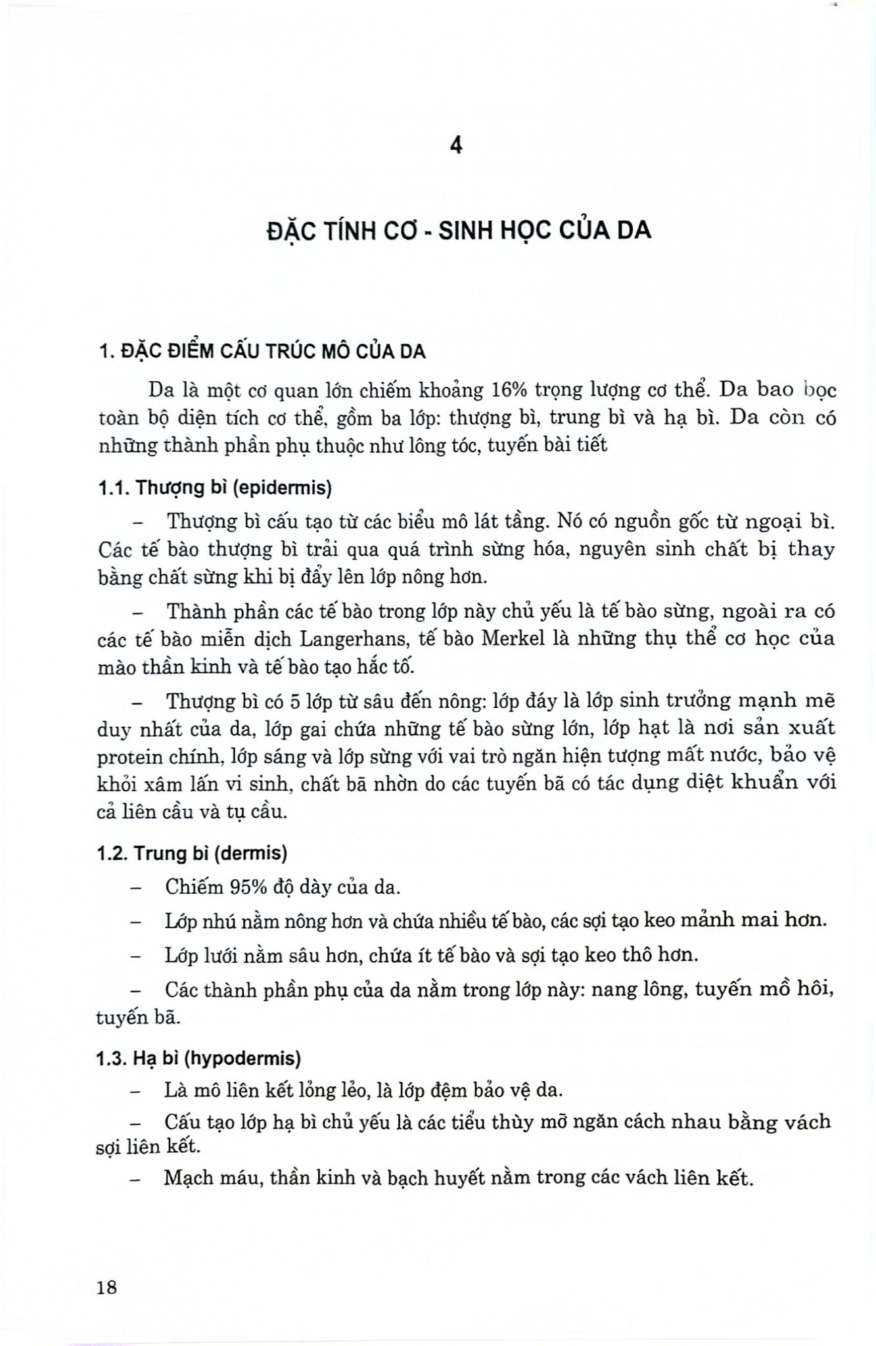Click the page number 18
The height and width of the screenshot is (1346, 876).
pyautogui.click(x=106, y=1286)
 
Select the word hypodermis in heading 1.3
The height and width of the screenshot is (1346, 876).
pyautogui.click(x=258, y=1059)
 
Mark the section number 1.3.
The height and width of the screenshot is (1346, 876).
pyautogui.click(x=112, y=1059)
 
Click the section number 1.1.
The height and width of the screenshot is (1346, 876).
pyautogui.click(x=112, y=488)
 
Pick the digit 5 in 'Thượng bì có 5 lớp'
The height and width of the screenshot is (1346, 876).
pyautogui.click(x=295, y=702)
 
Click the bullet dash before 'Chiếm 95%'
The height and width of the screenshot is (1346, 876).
pyautogui.click(x=137, y=888)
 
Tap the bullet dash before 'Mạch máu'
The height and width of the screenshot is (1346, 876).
pyautogui.click(x=137, y=1179)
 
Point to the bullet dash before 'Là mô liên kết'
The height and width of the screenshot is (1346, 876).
pyautogui.click(x=137, y=1092)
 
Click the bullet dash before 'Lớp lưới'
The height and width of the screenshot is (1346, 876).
pyautogui.click(x=137, y=956)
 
